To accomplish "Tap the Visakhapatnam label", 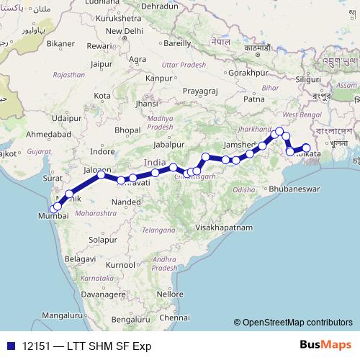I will point(224,226).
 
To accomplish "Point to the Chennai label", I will point(175,317).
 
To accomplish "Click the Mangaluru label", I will point(61,315).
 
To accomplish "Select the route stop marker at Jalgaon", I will point(102,175).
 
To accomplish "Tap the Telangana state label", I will point(158,230).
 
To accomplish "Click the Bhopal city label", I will point(127,130).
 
